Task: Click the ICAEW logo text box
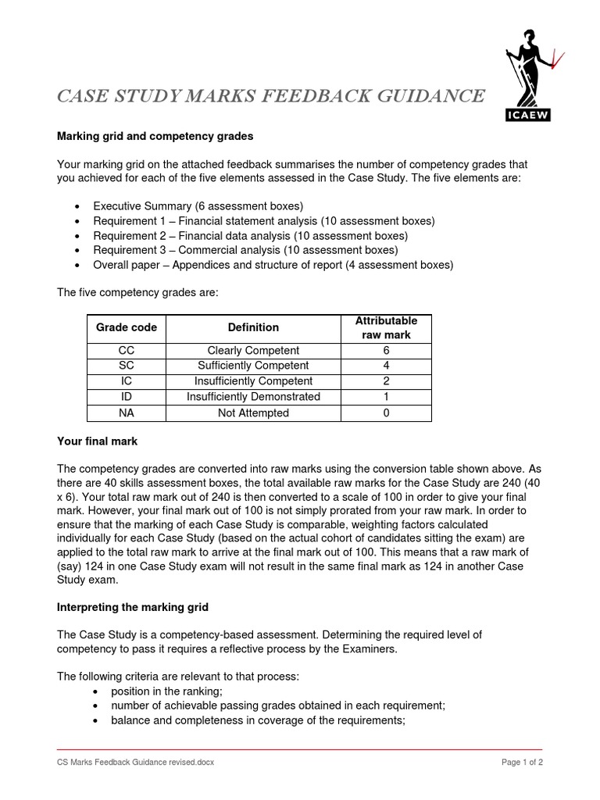point(528,116)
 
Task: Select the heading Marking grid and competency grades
point(155,136)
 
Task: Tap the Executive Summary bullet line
point(198,206)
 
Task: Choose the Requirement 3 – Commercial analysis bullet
point(245,250)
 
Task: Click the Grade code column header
point(126,327)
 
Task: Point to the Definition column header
point(253,327)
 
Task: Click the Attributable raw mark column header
point(386,327)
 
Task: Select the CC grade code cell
point(126,351)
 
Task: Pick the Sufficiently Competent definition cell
point(253,366)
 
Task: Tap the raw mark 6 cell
point(386,351)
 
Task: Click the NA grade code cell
point(126,412)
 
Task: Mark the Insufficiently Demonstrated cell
point(253,397)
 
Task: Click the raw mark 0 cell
point(386,412)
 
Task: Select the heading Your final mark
point(97,441)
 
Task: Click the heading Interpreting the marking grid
point(132,607)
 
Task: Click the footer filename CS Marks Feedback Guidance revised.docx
point(135,762)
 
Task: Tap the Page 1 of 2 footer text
point(521,762)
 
